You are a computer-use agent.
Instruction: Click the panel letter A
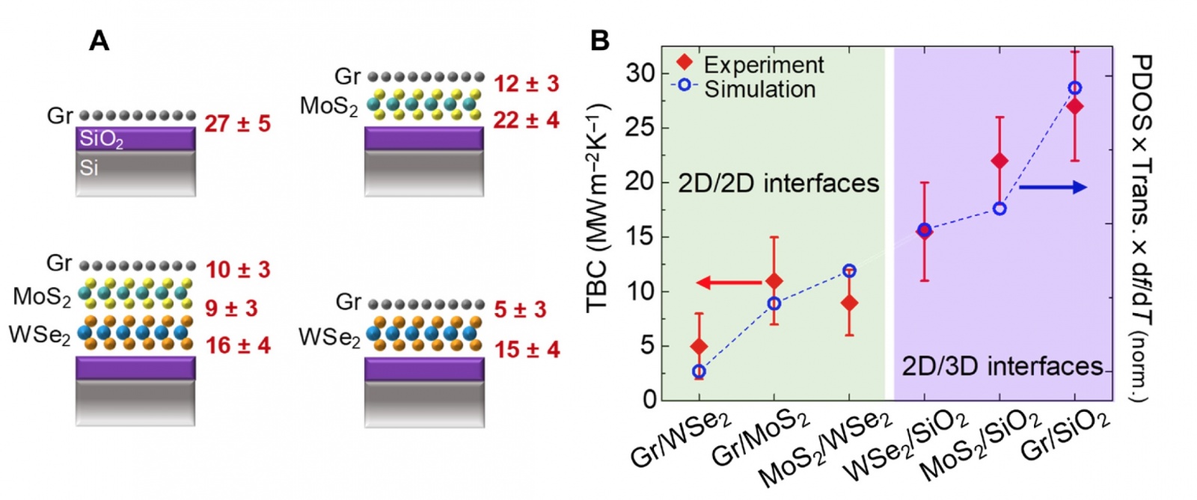[99, 40]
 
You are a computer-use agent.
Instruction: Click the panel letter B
[599, 40]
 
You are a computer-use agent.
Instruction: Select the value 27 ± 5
[237, 124]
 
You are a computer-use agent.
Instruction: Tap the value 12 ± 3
[526, 84]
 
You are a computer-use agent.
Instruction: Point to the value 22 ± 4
[526, 120]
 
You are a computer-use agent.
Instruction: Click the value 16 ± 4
[238, 345]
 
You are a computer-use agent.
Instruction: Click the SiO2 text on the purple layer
[101, 140]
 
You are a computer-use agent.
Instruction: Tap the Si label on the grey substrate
[89, 168]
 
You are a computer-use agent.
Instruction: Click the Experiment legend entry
[763, 64]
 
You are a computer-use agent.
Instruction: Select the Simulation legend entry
[759, 89]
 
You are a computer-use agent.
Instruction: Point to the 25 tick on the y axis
[640, 128]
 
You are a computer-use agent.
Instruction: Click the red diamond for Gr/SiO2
[1075, 106]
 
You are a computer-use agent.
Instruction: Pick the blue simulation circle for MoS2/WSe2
[849, 271]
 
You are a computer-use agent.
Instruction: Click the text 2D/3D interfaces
[1002, 366]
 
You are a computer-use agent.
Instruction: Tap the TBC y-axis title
[598, 209]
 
